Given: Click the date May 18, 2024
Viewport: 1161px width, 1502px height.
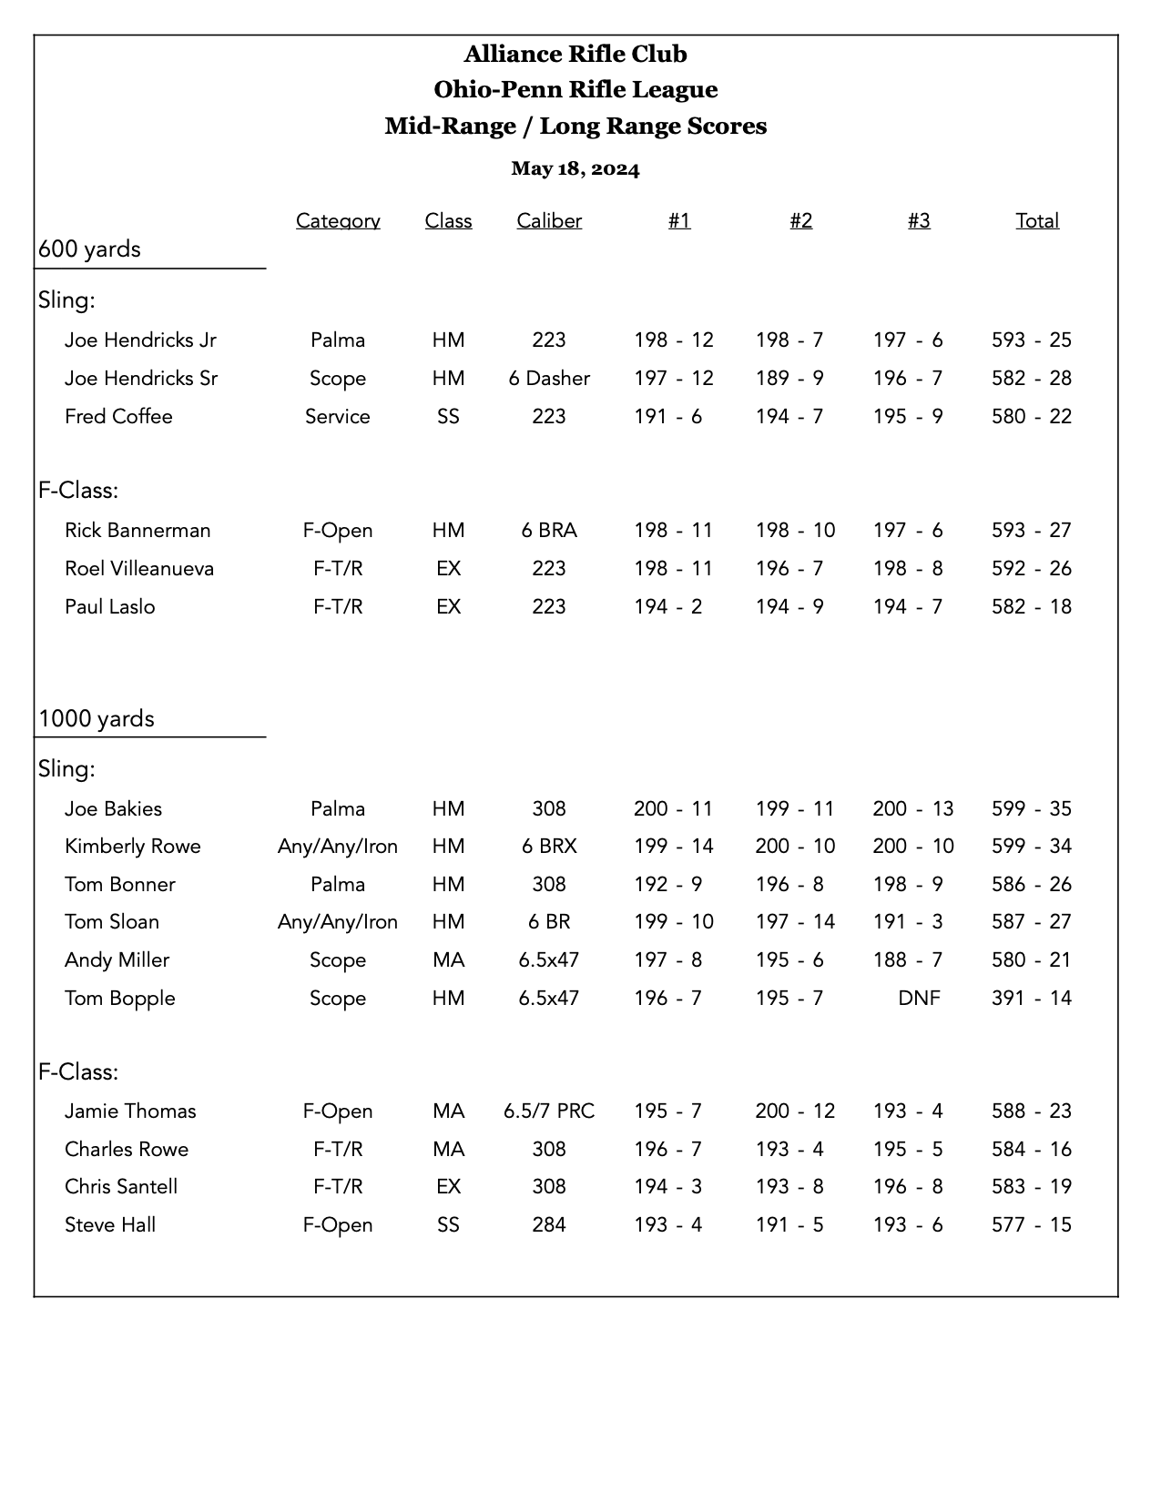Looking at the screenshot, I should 575,169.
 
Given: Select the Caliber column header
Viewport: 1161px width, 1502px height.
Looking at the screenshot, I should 548,221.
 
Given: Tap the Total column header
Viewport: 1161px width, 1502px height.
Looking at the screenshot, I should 1037,221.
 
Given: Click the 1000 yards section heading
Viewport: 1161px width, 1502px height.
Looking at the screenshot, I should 97,719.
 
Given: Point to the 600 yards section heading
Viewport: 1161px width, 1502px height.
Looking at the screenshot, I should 89,249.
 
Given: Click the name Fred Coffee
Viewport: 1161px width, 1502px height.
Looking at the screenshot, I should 118,417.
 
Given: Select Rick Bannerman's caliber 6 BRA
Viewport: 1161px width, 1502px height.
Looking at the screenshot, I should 548,531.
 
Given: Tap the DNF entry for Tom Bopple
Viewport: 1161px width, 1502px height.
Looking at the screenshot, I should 919,999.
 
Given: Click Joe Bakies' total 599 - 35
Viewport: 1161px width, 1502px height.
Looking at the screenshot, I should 1031,809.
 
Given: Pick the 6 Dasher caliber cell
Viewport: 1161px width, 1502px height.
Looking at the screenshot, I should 548,379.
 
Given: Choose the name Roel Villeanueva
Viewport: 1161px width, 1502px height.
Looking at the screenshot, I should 139,569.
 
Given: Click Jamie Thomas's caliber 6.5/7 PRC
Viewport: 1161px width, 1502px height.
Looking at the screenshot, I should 548,1111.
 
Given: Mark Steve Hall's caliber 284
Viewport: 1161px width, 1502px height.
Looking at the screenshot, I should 548,1225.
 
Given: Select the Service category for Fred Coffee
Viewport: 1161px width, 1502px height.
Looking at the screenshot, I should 337,417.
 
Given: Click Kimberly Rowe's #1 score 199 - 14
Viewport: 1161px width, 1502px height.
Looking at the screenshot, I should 673,847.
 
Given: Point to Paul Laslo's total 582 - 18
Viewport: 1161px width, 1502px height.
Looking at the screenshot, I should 1031,607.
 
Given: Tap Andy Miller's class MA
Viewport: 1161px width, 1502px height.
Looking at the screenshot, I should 448,960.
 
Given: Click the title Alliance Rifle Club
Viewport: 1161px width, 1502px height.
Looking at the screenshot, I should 575,55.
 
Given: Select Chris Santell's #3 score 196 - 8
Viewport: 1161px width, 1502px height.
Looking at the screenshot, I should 907,1187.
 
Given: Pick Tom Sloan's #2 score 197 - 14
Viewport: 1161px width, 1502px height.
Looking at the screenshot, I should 794,922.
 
